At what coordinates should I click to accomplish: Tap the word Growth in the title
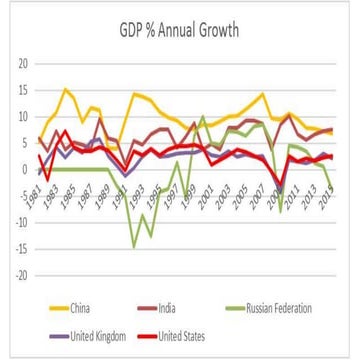pyautogui.click(x=218, y=31)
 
